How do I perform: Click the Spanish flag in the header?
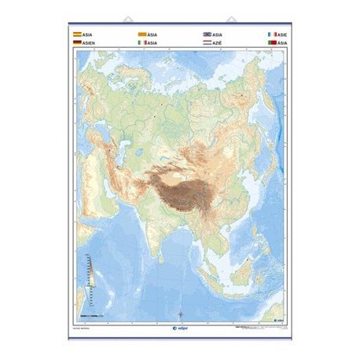tap(76, 35)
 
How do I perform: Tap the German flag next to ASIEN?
tap(76, 43)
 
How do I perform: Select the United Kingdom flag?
tap(207, 35)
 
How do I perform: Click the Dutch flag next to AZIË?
tap(207, 43)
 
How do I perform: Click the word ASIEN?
tap(88, 43)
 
